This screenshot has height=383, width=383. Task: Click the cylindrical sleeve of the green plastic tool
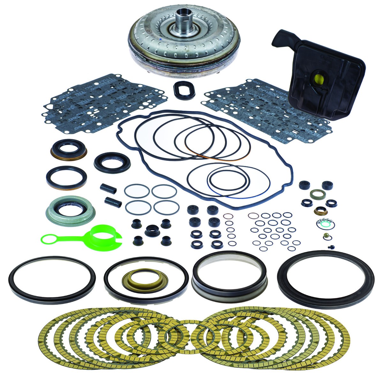(103, 237)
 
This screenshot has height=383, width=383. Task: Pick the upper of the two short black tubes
(108, 187)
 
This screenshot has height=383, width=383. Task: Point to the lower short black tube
(113, 201)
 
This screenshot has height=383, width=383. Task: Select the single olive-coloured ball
(325, 236)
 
